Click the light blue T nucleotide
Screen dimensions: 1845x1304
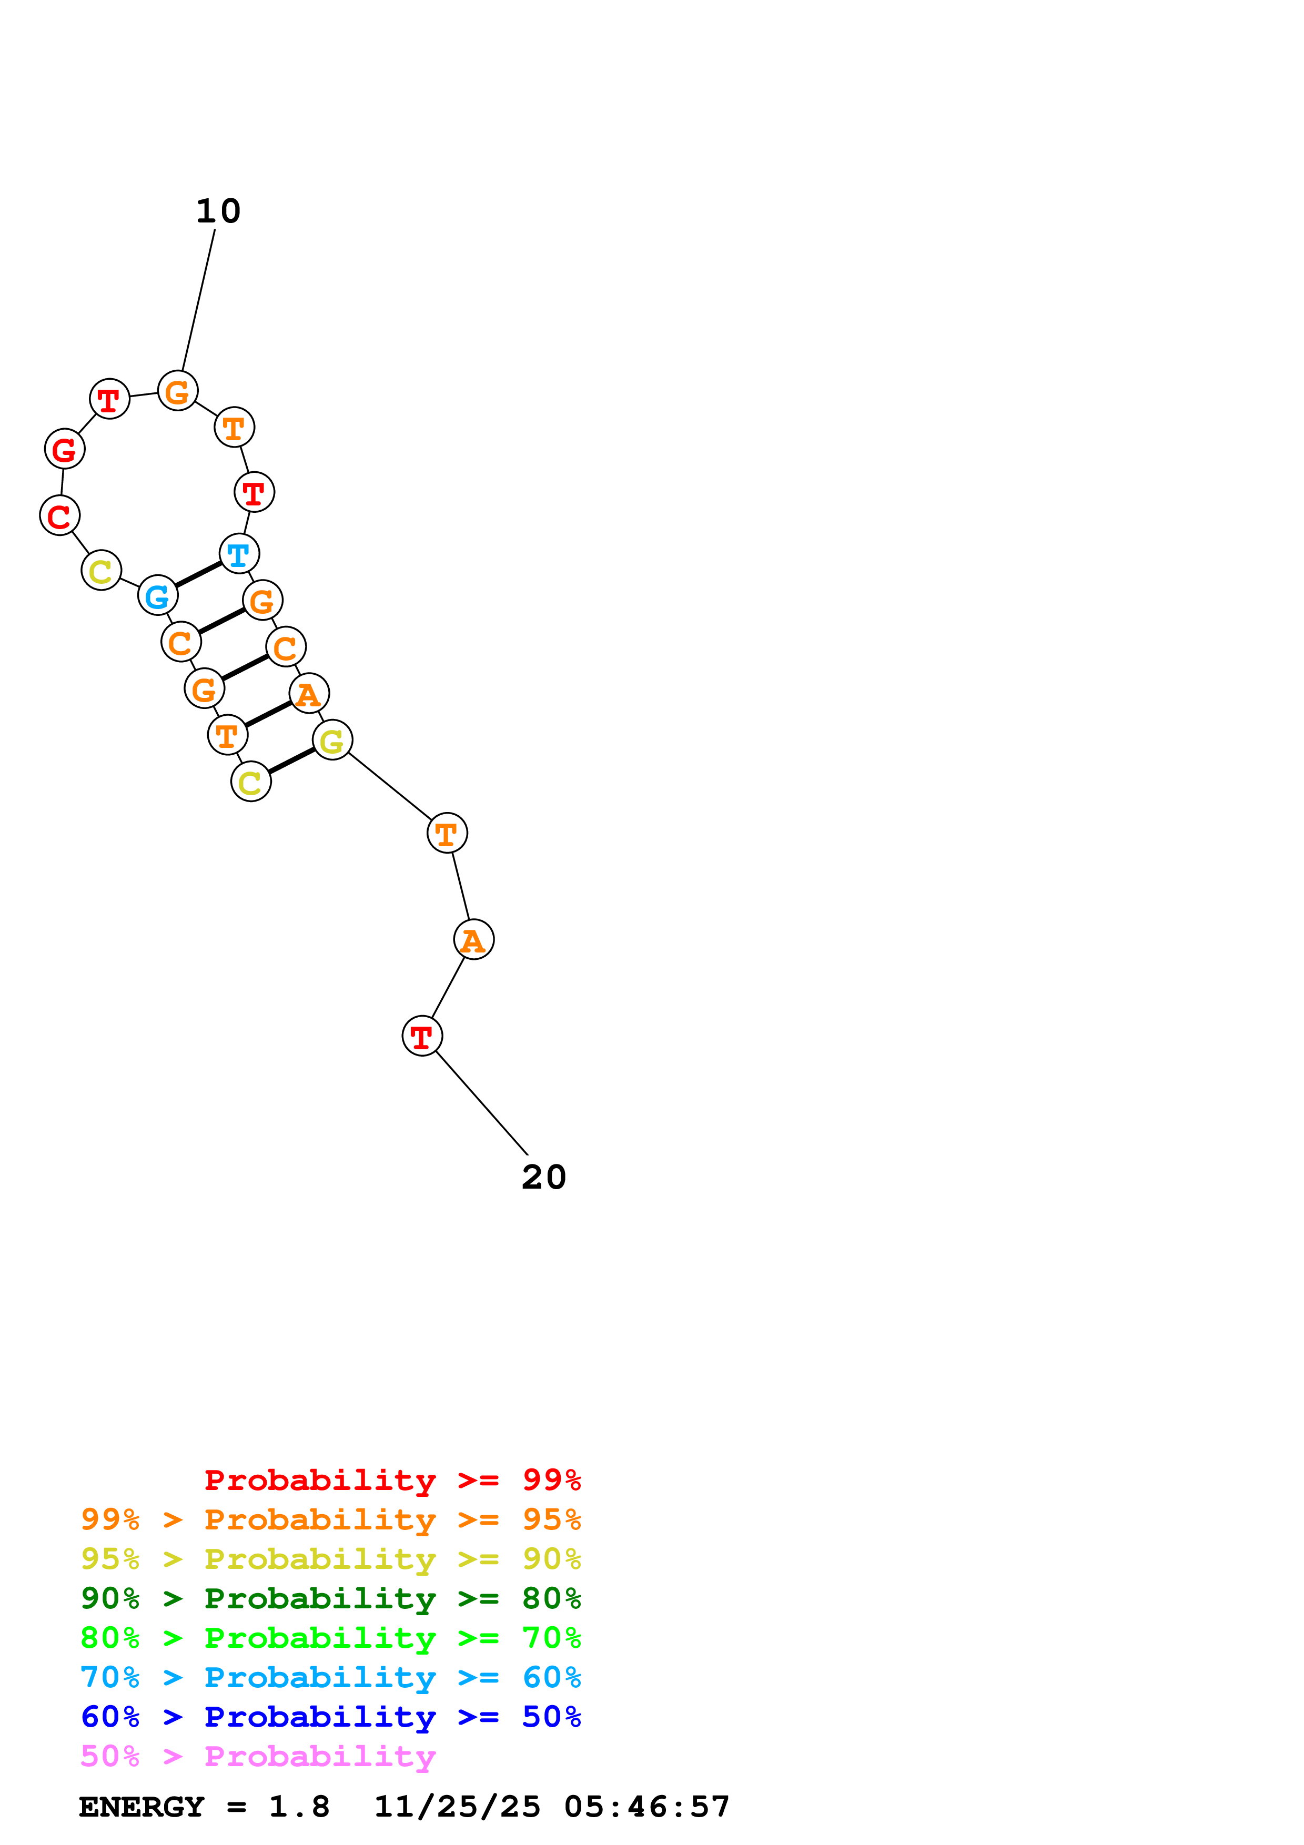(239, 554)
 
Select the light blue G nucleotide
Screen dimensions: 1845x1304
(157, 595)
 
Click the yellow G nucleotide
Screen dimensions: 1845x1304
(332, 740)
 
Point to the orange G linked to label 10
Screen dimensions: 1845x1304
(178, 391)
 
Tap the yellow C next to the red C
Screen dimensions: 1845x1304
(101, 571)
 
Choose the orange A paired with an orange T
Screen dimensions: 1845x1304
(309, 694)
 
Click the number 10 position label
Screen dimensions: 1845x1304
(218, 211)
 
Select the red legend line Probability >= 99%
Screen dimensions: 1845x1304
(392, 1480)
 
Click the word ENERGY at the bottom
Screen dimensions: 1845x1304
(141, 1807)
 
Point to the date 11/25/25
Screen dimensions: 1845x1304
(457, 1807)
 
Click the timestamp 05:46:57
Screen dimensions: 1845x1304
(647, 1807)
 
